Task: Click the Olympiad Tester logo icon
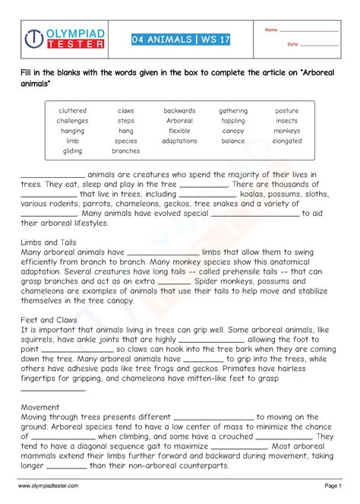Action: (x=33, y=39)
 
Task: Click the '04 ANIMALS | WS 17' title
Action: (x=180, y=40)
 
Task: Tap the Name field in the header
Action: (x=308, y=30)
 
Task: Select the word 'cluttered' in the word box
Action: (x=72, y=111)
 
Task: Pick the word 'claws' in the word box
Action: (x=125, y=111)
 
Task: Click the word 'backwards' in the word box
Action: (x=179, y=111)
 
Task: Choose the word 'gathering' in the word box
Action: (x=233, y=111)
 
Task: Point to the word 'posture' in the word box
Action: (x=287, y=111)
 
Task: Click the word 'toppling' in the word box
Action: (x=233, y=121)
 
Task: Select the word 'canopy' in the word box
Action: (x=233, y=131)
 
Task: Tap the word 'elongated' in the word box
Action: (x=287, y=141)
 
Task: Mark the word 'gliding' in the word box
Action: (x=72, y=151)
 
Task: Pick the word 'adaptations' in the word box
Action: (x=179, y=141)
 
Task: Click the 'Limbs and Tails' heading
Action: (x=47, y=242)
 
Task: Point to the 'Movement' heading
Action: (x=40, y=407)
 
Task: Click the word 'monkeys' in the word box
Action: (x=287, y=131)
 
